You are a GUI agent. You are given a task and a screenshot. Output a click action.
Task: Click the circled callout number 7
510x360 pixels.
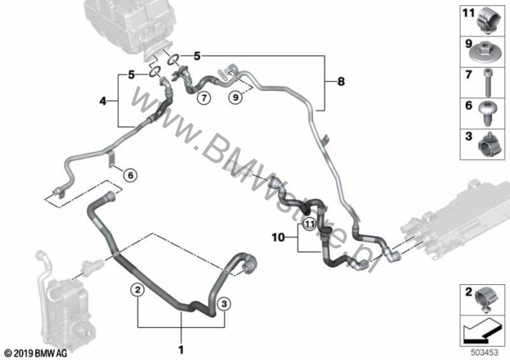pos(204,97)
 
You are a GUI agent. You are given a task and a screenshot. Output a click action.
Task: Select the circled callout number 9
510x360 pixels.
pos(236,97)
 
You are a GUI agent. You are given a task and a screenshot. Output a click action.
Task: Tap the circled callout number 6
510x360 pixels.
pos(130,176)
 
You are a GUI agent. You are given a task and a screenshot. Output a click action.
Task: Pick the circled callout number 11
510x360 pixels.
pos(309,224)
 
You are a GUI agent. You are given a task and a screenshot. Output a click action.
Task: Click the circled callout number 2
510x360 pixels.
pos(138,289)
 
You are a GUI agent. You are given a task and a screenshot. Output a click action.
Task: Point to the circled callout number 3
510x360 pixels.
pos(225,304)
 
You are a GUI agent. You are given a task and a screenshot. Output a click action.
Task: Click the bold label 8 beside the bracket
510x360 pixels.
pos(340,81)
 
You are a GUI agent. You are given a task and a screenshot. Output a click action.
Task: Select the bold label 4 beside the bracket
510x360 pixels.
pos(103,102)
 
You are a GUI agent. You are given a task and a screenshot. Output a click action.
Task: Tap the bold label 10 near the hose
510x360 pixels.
pos(278,237)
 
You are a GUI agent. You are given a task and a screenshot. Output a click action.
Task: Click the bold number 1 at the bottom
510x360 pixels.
pos(181,350)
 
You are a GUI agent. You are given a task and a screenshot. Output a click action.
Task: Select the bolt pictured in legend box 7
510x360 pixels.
pos(487,83)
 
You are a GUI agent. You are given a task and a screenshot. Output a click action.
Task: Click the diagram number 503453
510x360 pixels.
pos(485,353)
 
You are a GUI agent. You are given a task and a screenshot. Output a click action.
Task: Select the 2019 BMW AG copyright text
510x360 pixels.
pos(36,353)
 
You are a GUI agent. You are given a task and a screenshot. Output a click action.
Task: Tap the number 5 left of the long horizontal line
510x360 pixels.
pos(197,56)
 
